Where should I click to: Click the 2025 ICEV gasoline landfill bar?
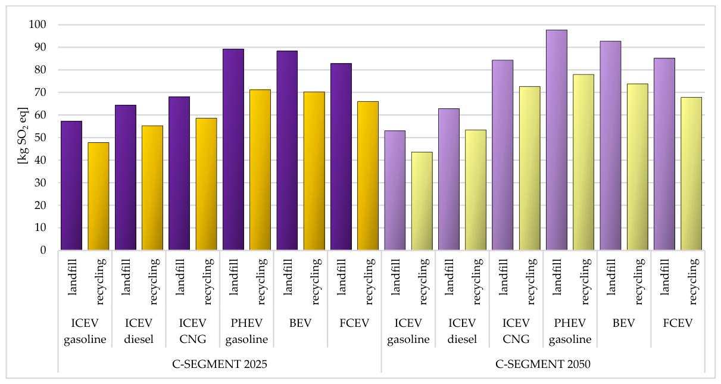(x=71, y=185)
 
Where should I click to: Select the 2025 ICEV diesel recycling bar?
(x=152, y=188)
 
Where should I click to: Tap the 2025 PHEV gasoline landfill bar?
(x=233, y=149)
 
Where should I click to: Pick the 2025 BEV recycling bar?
(x=314, y=171)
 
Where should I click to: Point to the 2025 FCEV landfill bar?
(x=341, y=157)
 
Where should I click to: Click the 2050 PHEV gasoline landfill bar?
(x=557, y=140)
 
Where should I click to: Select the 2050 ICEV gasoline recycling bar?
(x=422, y=201)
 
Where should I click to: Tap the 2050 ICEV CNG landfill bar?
(x=502, y=155)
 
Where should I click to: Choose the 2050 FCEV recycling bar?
(x=691, y=173)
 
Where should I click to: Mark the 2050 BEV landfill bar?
(x=611, y=145)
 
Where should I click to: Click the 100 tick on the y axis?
(x=38, y=24)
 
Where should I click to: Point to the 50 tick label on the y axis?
(x=40, y=138)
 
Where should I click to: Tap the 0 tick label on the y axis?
(x=43, y=250)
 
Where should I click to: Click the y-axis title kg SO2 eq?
(x=23, y=136)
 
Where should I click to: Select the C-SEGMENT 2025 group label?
(x=220, y=364)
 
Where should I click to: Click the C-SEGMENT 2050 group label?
(x=542, y=364)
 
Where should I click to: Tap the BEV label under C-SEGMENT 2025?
(x=300, y=323)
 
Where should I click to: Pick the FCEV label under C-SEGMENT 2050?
(x=678, y=323)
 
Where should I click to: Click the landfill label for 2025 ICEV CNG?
(x=180, y=277)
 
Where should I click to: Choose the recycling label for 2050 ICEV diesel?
(x=477, y=282)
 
